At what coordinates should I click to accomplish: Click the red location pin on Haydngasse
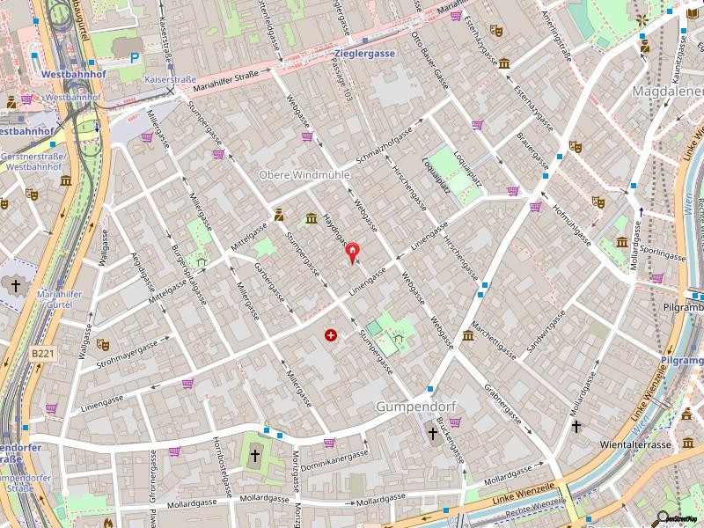(353, 253)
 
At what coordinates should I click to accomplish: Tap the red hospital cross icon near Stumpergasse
(331, 335)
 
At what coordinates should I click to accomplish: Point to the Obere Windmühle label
(304, 175)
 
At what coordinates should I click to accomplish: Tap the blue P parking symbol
(135, 58)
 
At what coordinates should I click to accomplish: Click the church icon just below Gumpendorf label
(432, 432)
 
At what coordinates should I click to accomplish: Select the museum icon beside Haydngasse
(311, 218)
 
